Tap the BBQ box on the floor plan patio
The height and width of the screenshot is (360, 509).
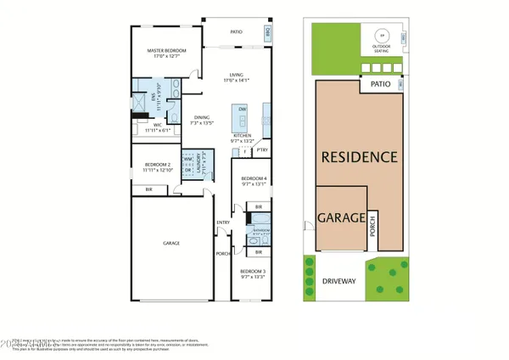coord(267,33)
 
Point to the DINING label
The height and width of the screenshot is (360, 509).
coord(200,117)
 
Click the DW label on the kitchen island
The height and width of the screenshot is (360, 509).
coord(243,110)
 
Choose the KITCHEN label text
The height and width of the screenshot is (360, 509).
coord(243,135)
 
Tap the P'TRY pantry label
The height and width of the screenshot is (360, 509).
coord(263,150)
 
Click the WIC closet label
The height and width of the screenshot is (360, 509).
coord(147,126)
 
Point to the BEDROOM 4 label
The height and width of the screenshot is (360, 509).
coord(254,177)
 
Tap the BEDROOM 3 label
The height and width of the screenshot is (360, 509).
coord(254,272)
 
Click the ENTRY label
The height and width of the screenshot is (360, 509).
coord(223,222)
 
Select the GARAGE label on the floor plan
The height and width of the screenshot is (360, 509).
coord(172,243)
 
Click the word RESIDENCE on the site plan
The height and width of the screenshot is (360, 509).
coord(359,157)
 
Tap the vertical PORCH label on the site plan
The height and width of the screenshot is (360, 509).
coord(372,228)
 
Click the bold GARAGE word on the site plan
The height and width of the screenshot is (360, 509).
coord(341,217)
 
